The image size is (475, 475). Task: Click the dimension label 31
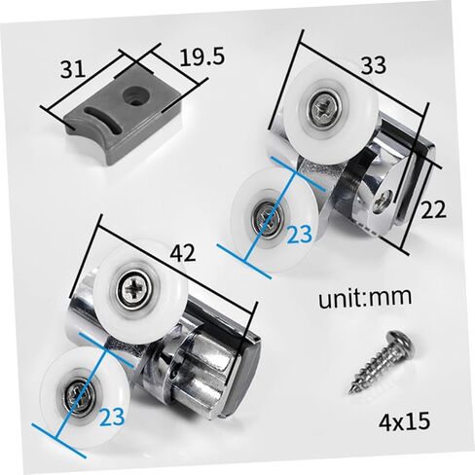point(73,69)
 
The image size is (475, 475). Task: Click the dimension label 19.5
point(201,57)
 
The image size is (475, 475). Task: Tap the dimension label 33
point(374,65)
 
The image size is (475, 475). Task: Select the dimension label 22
point(433,209)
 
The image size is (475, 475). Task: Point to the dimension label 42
point(183,253)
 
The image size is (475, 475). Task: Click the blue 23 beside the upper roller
point(299,235)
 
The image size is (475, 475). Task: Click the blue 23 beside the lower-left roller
point(112,417)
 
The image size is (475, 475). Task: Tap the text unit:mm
point(365,297)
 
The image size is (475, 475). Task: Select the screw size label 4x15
point(404,420)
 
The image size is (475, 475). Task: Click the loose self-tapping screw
point(382,361)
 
